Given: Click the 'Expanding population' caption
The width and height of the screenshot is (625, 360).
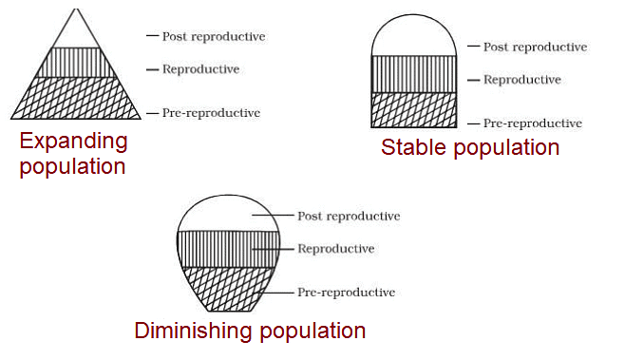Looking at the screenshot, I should [73, 154].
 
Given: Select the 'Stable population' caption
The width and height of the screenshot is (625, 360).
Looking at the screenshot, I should [470, 147].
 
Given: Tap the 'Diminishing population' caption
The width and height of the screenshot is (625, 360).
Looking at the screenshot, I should [250, 331].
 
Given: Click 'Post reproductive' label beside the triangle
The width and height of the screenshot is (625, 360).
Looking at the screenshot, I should [214, 37].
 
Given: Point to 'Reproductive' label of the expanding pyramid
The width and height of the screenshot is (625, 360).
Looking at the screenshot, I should [200, 69].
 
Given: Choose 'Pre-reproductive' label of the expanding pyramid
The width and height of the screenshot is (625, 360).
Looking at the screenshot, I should [211, 113].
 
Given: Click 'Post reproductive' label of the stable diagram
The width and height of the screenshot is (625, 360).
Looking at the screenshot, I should [535, 47].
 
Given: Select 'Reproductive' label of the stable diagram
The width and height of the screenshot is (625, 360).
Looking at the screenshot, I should [521, 80].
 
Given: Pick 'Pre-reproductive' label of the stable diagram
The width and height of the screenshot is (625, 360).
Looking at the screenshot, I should [532, 123].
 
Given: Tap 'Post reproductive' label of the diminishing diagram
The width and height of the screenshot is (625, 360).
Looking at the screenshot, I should [349, 217].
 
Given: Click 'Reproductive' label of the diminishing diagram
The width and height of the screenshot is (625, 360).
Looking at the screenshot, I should [335, 249].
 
